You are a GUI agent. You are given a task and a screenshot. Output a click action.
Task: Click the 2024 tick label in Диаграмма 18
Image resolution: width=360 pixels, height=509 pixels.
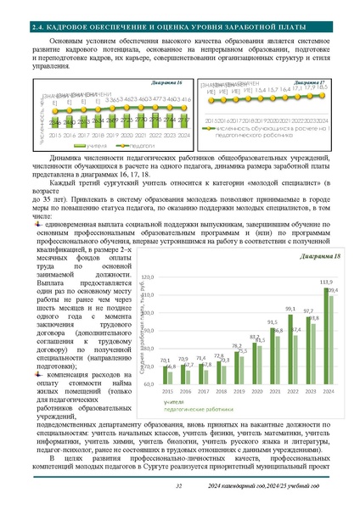pyautogui.click(x=329, y=392)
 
